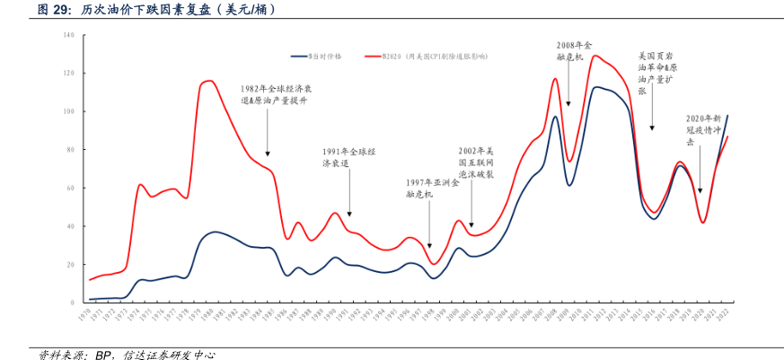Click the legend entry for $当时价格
tap(331, 56)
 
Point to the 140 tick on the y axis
tap(68, 35)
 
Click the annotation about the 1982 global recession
tap(274, 95)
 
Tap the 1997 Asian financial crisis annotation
tap(433, 188)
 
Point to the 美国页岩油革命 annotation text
tap(658, 73)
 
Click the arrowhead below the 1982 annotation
tap(267, 154)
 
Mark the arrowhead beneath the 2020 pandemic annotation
tap(700, 189)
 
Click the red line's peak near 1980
tap(209, 81)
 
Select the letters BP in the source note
tap(104, 354)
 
